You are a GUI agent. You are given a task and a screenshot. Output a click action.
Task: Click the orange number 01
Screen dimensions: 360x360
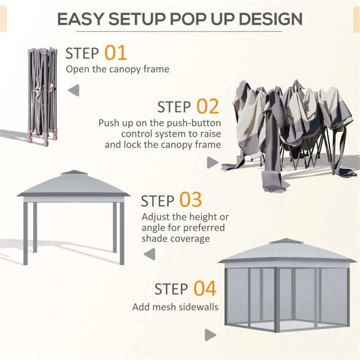click(116, 53)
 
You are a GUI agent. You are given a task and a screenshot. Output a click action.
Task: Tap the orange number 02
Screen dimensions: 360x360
click(207, 107)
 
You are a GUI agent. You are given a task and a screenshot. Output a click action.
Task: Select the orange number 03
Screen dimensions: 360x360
click(191, 200)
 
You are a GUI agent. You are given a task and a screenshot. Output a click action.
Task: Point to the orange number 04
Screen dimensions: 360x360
click(205, 289)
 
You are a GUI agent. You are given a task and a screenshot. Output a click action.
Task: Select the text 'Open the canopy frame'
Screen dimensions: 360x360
click(117, 69)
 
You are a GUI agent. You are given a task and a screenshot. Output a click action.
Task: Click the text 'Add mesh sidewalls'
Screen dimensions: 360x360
click(175, 307)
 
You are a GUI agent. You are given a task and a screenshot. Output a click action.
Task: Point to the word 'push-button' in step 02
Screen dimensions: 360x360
click(195, 123)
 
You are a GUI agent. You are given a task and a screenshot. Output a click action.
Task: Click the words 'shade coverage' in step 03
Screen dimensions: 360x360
click(176, 239)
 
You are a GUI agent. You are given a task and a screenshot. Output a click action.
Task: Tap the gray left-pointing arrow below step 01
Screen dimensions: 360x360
click(74, 90)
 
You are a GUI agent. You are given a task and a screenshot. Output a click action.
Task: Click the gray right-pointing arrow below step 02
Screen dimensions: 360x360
click(212, 162)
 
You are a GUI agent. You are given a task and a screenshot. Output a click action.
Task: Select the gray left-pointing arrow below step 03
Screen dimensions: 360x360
click(149, 254)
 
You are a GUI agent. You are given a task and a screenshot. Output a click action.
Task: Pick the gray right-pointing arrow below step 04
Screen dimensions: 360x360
click(210, 335)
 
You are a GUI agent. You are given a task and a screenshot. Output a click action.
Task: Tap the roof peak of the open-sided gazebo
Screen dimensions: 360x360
click(74, 172)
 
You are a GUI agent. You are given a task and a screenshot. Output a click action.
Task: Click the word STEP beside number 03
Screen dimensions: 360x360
click(158, 201)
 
